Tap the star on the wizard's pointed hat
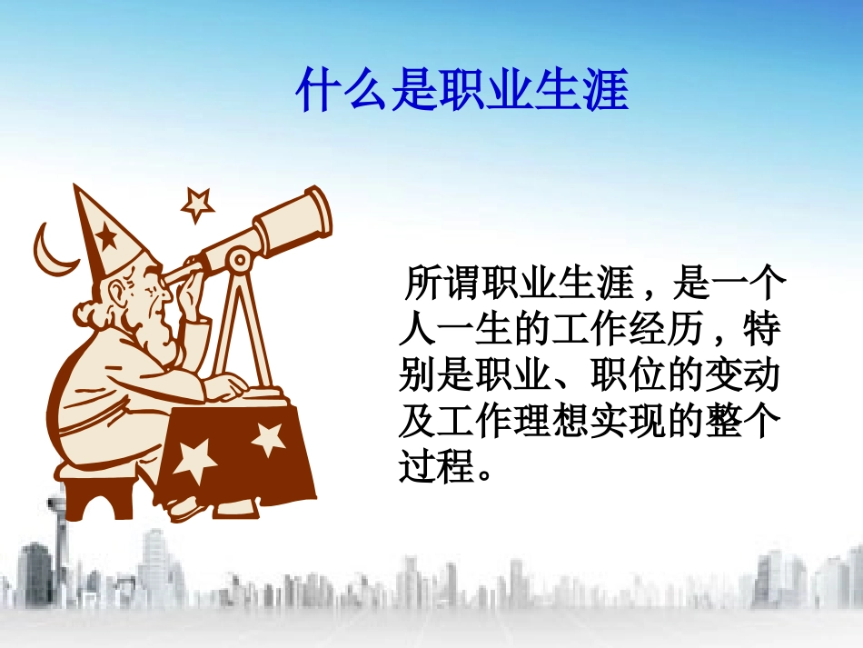point(107,237)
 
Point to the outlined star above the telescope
point(196,204)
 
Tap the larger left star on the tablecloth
point(194,459)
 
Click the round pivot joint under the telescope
point(240,261)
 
